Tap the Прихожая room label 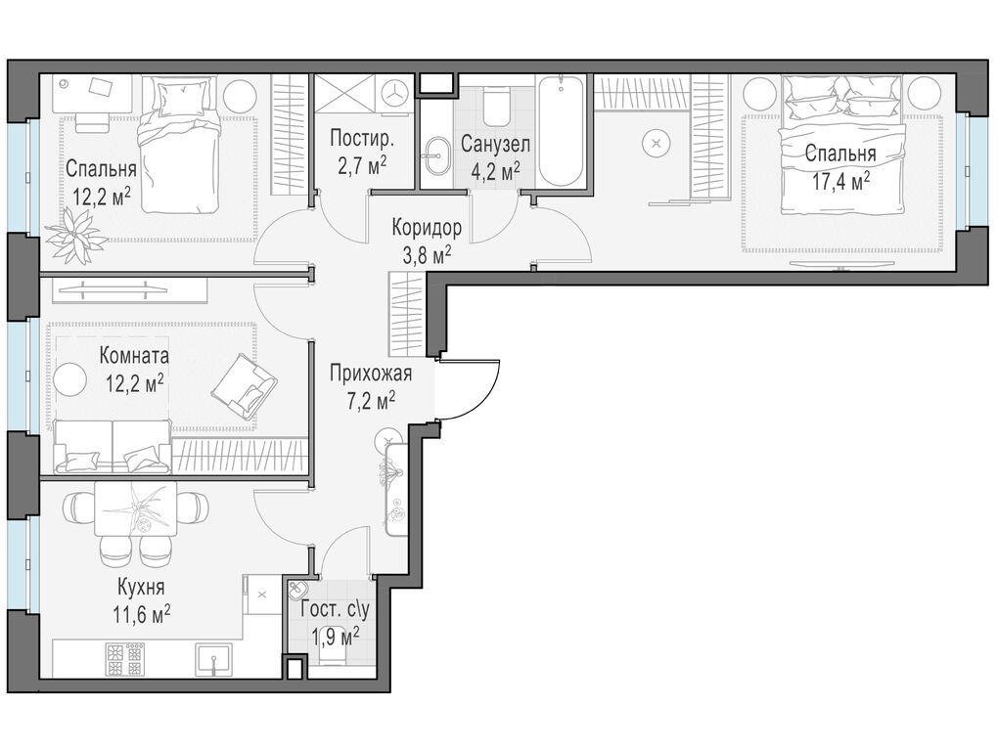pos(371,374)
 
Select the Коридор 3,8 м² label pos(426,241)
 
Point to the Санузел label pos(494,144)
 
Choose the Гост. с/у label pos(335,610)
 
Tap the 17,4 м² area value pos(840,183)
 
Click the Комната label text pos(134,355)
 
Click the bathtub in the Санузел pos(560,131)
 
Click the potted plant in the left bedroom pos(75,234)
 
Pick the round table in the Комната pos(69,380)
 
